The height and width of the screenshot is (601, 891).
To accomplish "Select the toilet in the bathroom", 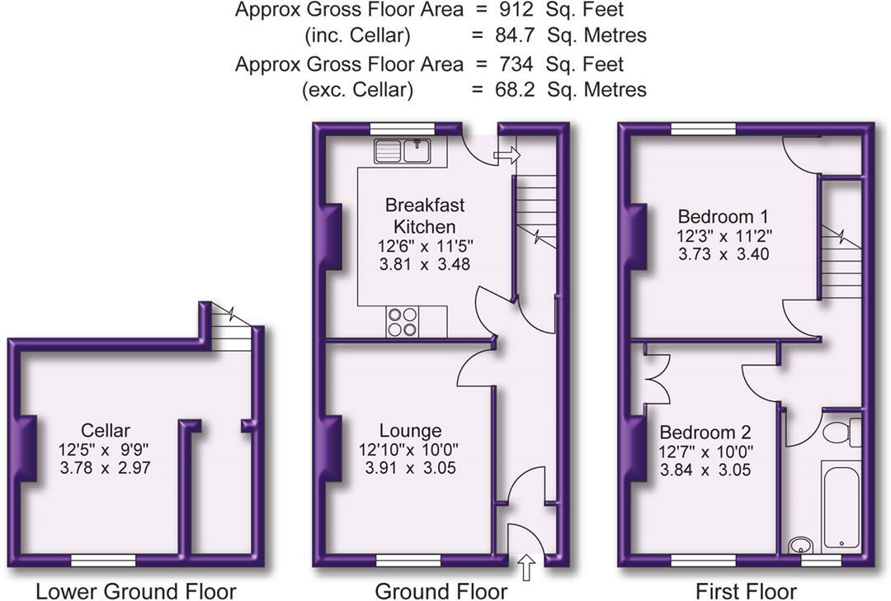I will (844, 432).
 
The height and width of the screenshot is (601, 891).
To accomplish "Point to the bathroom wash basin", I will (799, 544).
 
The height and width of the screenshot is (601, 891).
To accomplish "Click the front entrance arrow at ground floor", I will (527, 567).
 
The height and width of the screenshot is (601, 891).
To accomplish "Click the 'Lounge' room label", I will (410, 430).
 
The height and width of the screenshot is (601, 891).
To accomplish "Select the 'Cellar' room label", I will (106, 430).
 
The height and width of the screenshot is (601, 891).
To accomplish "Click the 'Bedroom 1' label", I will (716, 217).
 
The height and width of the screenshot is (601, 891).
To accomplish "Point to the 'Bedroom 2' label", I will (705, 432).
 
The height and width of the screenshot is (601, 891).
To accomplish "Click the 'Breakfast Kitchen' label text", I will (424, 215).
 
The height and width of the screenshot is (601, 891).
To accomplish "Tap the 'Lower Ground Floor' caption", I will (135, 590).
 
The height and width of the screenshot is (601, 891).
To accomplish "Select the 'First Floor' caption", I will (746, 590).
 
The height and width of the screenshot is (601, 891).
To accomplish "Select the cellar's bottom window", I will (103, 561).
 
